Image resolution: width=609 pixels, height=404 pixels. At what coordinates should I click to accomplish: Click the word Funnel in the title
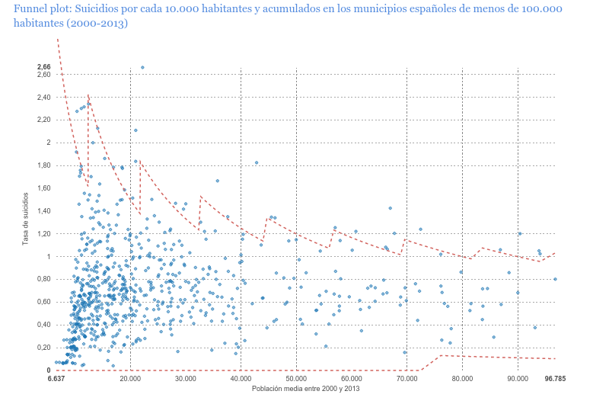[33, 9]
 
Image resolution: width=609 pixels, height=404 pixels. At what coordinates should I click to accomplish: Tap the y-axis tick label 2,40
[43, 97]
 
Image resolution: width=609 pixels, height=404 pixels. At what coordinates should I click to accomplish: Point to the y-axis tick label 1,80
[43, 165]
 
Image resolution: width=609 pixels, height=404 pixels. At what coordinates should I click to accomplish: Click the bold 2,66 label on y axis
[43, 67]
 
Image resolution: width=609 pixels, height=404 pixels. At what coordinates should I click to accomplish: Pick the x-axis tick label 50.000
[296, 378]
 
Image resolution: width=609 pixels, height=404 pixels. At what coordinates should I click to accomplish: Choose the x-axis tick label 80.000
[462, 378]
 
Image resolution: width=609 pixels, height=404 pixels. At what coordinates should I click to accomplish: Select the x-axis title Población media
[304, 389]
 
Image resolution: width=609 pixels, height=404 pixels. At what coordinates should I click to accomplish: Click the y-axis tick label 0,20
[43, 348]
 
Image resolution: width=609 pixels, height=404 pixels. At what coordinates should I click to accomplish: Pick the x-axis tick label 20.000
[130, 378]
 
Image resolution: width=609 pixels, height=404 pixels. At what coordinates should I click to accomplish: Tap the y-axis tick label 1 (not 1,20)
[48, 257]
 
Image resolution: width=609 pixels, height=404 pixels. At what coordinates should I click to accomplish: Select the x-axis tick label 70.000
[407, 378]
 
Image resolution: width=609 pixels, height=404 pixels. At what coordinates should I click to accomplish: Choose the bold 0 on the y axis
[48, 370]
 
